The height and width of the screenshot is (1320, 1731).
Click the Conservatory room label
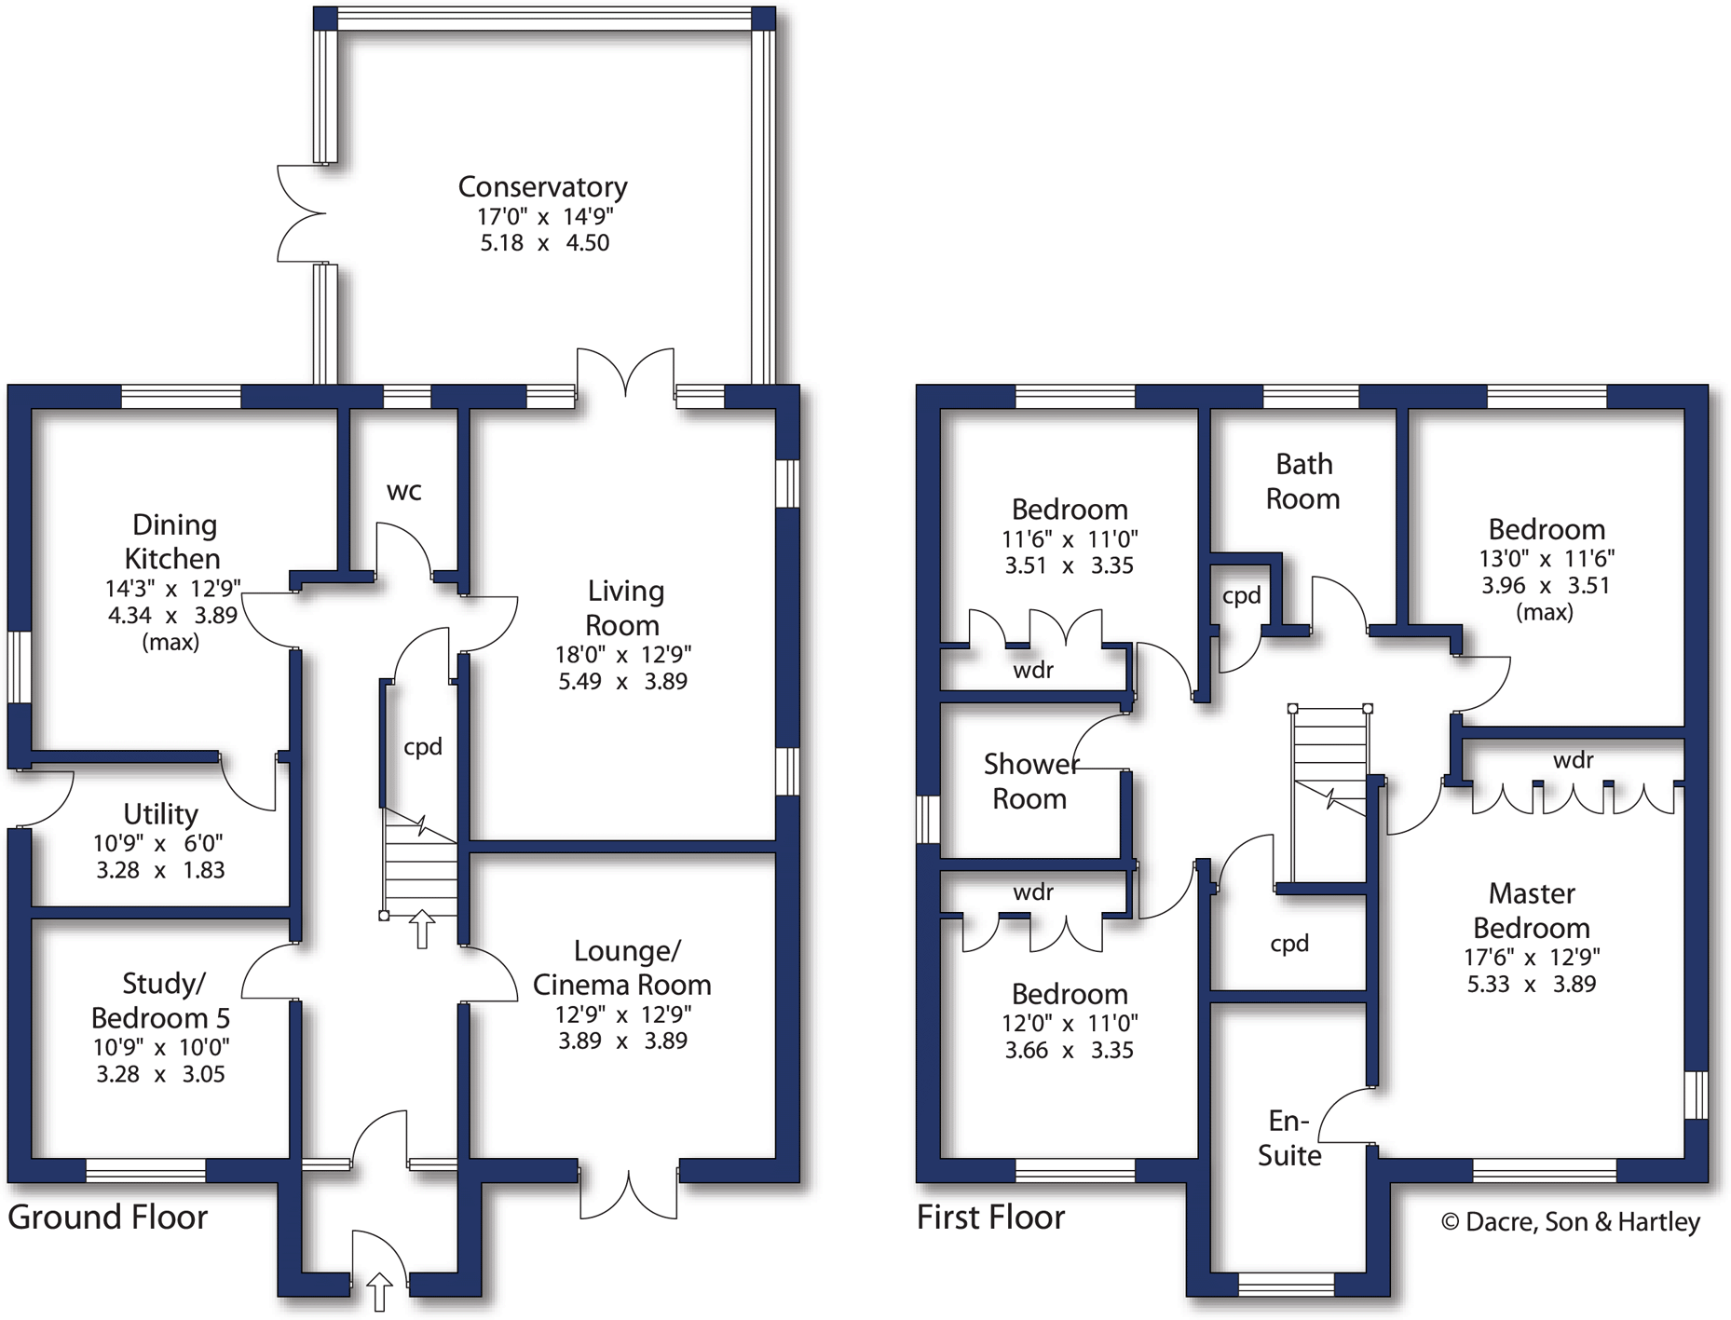tap(542, 187)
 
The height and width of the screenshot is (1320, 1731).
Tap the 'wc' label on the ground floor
tap(404, 491)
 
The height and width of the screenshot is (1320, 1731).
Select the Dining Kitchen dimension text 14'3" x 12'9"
tap(172, 589)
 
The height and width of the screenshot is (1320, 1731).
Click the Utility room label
tap(160, 814)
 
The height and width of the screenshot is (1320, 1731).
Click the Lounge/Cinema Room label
tap(622, 967)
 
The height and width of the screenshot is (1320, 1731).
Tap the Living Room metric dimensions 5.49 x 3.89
tap(622, 682)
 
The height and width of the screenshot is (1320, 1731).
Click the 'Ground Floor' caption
tap(107, 1218)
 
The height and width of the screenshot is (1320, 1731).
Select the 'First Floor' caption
tap(990, 1218)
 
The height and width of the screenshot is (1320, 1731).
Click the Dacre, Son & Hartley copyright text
tap(1571, 1222)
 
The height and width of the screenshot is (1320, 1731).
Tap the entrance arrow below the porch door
tap(379, 1292)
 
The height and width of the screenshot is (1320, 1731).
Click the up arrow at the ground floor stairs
tap(422, 929)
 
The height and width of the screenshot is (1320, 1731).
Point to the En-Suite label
tap(1289, 1137)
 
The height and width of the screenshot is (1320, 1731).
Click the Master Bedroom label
tap(1532, 910)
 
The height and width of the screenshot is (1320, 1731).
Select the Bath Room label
tap(1303, 481)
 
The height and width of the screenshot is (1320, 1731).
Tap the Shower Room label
tap(1030, 781)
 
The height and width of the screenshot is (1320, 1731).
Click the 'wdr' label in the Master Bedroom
tap(1573, 760)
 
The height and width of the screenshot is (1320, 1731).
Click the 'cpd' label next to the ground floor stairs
tap(422, 747)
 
